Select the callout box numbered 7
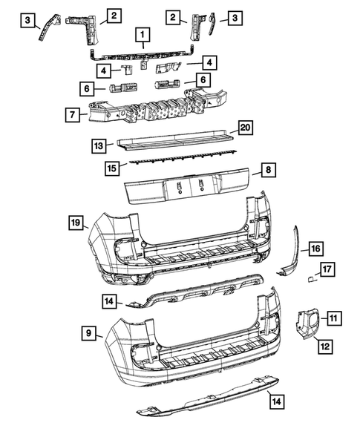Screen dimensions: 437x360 coord(72,115)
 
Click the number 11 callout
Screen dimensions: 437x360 coord(334,318)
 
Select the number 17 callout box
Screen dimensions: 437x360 coord(327,269)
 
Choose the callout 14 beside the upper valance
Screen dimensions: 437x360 coord(109,300)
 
